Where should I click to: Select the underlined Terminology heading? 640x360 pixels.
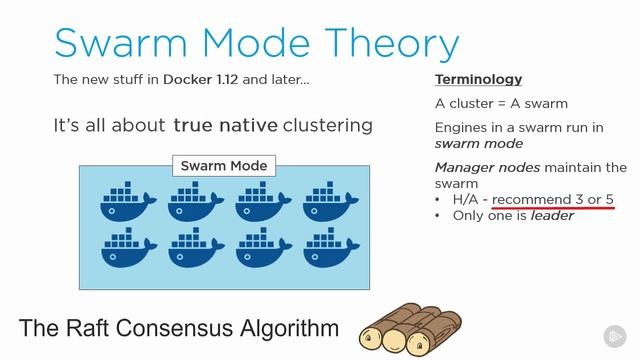[478, 79]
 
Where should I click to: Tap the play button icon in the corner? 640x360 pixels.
[613, 335]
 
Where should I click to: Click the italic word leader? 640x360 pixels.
[552, 215]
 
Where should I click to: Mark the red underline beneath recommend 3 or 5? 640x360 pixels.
[552, 208]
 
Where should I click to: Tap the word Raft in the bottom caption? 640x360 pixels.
[105, 328]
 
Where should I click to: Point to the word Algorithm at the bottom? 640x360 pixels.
[289, 328]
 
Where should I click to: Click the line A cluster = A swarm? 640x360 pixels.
[501, 103]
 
